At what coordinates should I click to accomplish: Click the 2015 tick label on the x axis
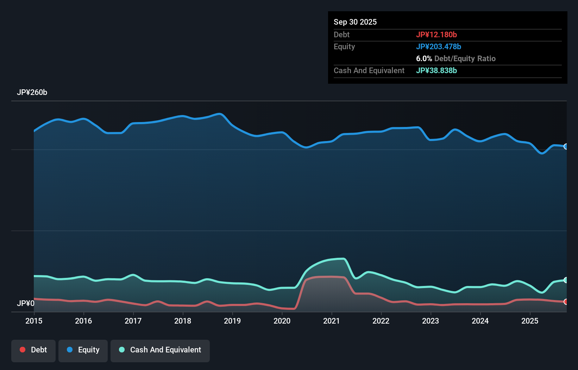coord(34,321)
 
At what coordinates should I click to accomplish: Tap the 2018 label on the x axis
coord(183,321)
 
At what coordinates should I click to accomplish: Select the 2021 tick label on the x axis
coord(331,321)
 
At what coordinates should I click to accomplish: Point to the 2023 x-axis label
coord(431,321)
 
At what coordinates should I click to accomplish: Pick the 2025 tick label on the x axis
coord(530,321)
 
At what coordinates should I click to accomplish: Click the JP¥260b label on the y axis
coord(32,92)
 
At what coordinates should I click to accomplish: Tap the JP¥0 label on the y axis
coord(26,303)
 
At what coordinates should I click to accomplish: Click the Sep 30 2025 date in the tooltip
coord(355,22)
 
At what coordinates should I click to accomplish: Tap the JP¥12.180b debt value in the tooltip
coord(436,34)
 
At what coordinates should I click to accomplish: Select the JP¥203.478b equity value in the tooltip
coord(439,46)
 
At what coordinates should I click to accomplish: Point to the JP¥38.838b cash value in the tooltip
coord(436,70)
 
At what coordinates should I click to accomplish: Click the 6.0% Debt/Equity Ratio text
coord(456,58)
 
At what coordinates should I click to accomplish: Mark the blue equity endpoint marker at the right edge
coord(566,147)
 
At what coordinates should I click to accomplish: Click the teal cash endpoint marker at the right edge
coord(566,280)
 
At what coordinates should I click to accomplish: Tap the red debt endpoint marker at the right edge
coord(566,302)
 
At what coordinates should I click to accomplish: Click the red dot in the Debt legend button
coord(23,350)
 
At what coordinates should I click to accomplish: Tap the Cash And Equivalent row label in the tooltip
coord(369,70)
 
